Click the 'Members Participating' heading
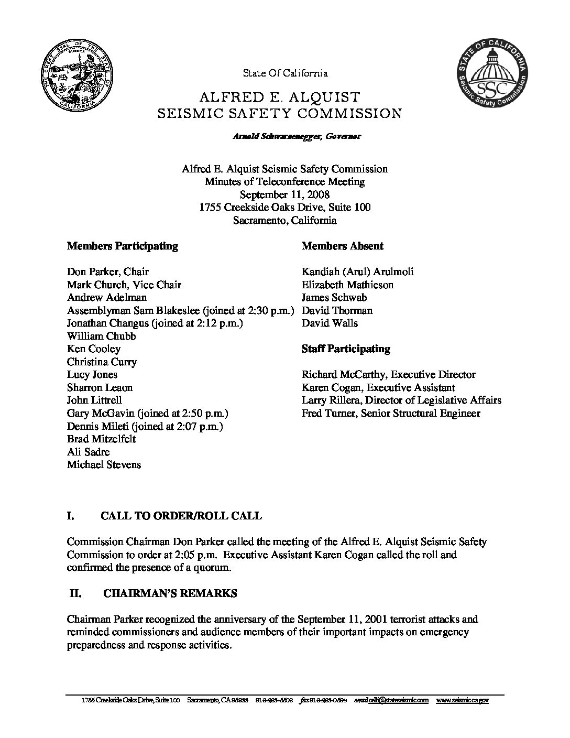point(122,246)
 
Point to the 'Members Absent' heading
point(342,246)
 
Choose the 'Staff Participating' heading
point(345,349)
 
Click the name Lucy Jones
point(92,374)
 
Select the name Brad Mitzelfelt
point(101,439)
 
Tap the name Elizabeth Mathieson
point(347,285)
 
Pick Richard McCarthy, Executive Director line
point(388,374)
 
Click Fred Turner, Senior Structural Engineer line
point(390,413)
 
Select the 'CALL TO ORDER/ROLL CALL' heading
point(181,516)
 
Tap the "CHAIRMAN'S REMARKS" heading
point(170,593)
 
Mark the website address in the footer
point(462,700)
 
